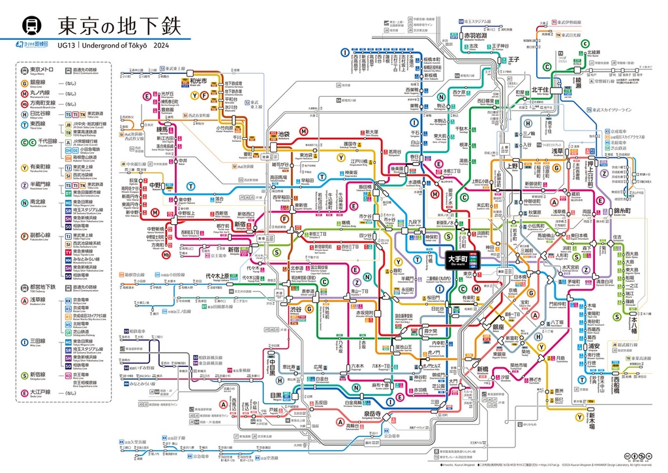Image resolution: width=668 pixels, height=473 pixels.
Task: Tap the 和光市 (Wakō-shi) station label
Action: click(x=181, y=82)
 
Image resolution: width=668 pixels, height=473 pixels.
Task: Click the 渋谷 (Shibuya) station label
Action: click(x=296, y=308)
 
